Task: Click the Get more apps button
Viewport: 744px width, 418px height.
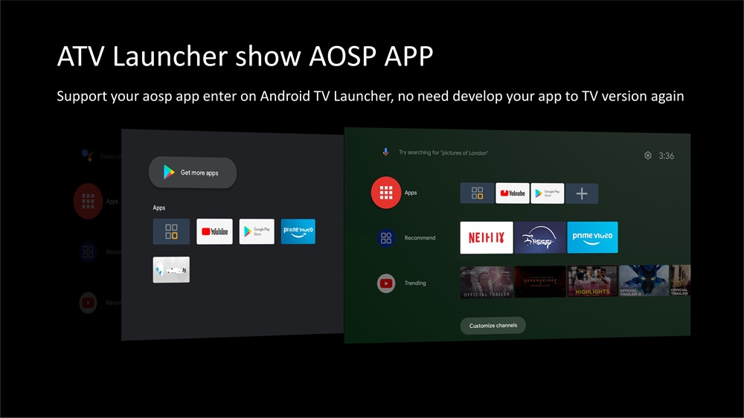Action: [x=193, y=173]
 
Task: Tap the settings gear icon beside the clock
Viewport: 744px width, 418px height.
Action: [x=648, y=155]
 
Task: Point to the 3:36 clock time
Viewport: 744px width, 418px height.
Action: [x=667, y=156]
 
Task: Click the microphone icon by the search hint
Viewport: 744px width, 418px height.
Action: [x=385, y=152]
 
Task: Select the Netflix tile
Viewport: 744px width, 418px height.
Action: [x=487, y=237]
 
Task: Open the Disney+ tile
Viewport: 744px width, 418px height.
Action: [x=540, y=237]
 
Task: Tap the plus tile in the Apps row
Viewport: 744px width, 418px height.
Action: [x=582, y=193]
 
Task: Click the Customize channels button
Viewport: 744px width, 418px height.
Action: [x=493, y=326]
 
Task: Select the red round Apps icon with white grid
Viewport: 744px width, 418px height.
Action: [x=386, y=193]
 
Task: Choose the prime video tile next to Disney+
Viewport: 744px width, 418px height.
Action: [x=592, y=237]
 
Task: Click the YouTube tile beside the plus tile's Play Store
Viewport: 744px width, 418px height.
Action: [x=513, y=193]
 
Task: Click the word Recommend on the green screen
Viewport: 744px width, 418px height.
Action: [x=420, y=238]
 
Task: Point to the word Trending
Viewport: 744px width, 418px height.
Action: [x=415, y=283]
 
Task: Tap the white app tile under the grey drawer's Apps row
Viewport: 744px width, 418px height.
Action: [x=171, y=270]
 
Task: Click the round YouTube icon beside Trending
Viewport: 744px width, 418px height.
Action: [x=386, y=283]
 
